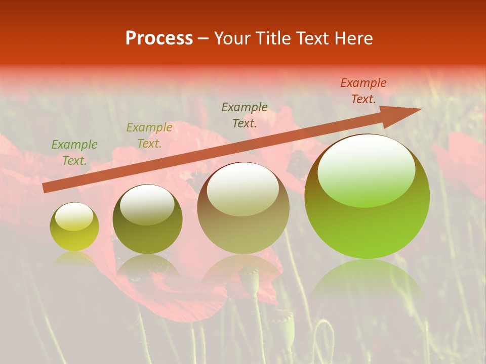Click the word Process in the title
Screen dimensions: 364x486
pyautogui.click(x=159, y=38)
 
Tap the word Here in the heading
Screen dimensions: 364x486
pyautogui.click(x=353, y=38)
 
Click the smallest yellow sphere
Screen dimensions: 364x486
pyautogui.click(x=74, y=226)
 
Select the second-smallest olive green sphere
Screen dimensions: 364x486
pyautogui.click(x=147, y=219)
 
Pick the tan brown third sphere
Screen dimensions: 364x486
pyautogui.click(x=243, y=208)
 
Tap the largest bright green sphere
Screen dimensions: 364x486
pyautogui.click(x=367, y=197)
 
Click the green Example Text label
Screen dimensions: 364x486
pyautogui.click(x=74, y=153)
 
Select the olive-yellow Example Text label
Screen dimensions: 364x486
pyautogui.click(x=149, y=135)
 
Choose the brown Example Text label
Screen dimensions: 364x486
pyautogui.click(x=245, y=115)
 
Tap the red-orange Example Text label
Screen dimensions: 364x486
pyautogui.click(x=363, y=91)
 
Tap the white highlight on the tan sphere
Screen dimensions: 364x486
pyautogui.click(x=242, y=188)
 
